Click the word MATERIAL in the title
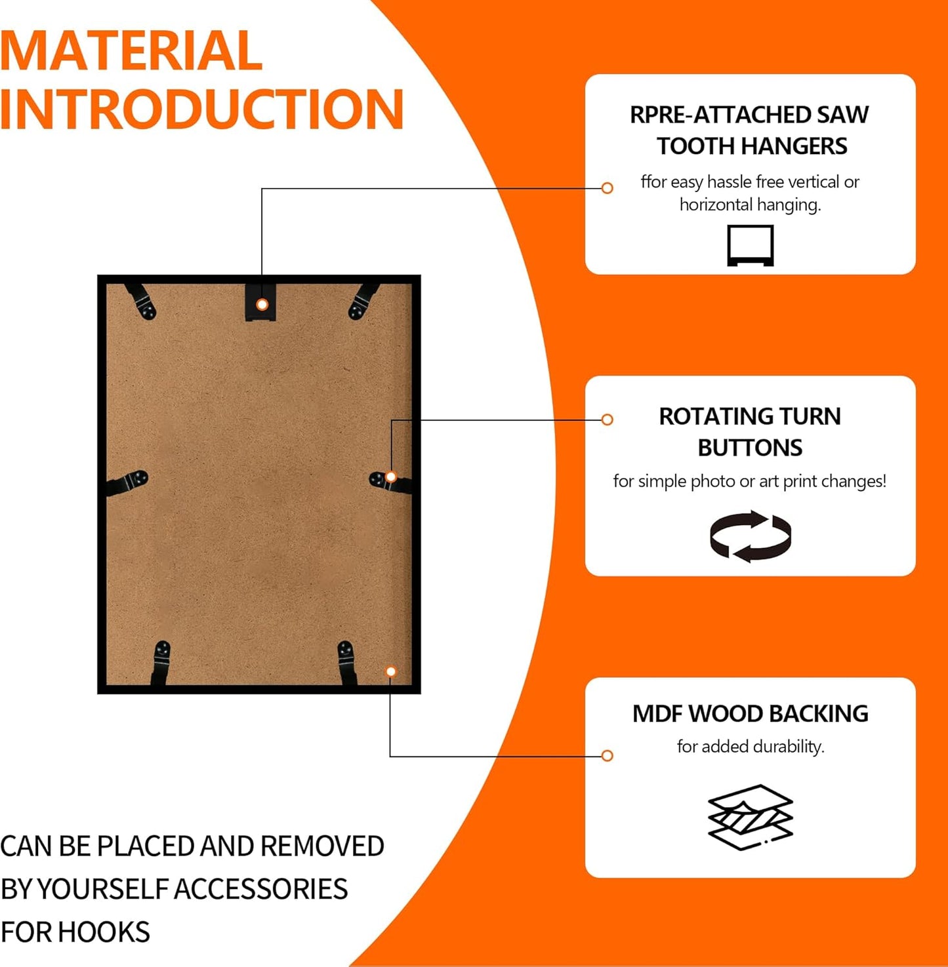131,50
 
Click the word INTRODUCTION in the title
201,108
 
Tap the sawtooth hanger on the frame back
261,302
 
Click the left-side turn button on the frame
127,483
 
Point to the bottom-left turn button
161,663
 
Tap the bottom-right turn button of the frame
347,663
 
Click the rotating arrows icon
751,536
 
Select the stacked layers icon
751,817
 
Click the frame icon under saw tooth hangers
751,245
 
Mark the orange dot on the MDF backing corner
391,671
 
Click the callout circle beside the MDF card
608,756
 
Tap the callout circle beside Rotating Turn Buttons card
608,420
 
